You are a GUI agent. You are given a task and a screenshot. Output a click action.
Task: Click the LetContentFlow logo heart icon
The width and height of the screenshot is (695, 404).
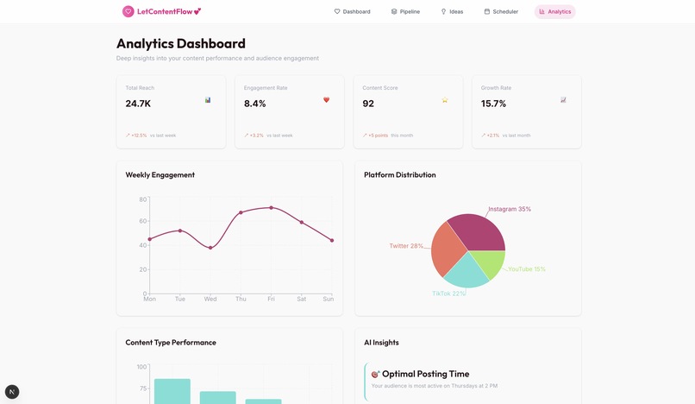point(128,11)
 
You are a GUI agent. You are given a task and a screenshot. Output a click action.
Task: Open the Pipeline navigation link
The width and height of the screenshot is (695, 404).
point(405,11)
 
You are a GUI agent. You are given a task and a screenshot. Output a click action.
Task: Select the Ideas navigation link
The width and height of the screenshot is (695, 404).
point(452,11)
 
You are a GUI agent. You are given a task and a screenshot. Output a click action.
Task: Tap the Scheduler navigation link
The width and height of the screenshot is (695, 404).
point(501,11)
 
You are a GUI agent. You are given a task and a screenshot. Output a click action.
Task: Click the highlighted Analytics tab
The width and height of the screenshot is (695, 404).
point(554,11)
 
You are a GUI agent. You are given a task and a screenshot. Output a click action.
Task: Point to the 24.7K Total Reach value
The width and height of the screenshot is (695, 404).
point(138,104)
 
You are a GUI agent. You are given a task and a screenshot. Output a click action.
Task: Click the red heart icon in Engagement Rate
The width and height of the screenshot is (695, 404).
point(326,100)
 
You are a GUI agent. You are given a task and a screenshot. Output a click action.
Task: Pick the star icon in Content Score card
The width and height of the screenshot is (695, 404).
point(445,100)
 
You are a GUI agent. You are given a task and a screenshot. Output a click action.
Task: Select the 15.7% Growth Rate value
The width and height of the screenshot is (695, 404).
point(493,104)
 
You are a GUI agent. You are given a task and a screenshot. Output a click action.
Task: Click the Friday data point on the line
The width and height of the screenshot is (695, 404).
point(271,207)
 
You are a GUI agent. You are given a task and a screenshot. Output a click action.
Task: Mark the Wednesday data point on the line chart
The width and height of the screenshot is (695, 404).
point(210,248)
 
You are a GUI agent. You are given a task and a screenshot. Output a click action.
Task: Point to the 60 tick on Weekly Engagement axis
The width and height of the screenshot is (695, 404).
point(142,221)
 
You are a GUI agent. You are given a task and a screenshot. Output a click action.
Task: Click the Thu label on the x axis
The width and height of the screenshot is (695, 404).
point(241,299)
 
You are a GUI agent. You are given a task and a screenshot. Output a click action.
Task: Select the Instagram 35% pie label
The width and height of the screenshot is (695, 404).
point(510,209)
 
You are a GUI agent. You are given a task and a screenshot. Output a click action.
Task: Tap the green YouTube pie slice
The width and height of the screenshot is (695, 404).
point(488,264)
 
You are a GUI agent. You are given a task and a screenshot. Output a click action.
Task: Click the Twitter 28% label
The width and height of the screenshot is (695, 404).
point(406,246)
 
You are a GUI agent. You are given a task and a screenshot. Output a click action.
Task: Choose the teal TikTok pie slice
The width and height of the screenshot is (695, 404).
point(466,271)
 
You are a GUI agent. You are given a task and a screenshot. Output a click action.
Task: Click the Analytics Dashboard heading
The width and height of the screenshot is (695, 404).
point(181,43)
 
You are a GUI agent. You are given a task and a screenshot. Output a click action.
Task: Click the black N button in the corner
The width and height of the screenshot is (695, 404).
point(12,391)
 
